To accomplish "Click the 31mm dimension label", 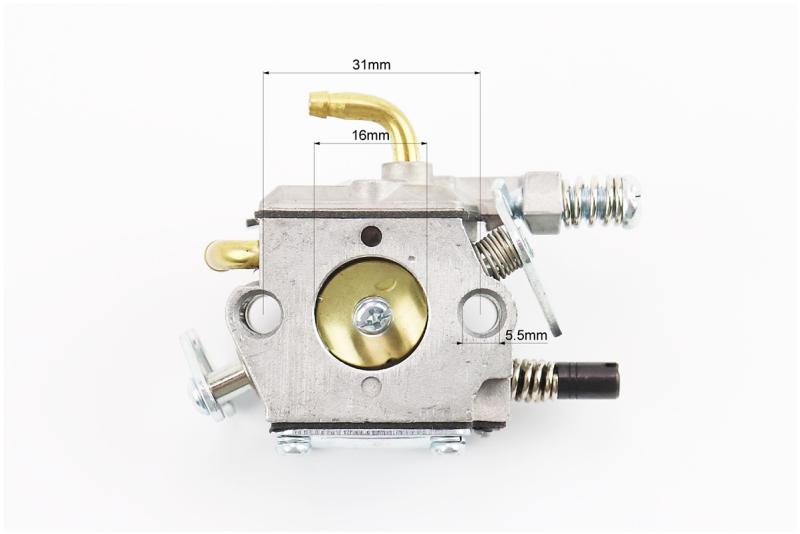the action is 371,65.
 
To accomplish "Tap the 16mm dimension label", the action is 370,135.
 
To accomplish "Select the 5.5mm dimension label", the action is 526,335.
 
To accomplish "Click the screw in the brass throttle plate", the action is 373,317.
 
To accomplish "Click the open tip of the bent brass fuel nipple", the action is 313,105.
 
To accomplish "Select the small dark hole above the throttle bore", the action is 371,236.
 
